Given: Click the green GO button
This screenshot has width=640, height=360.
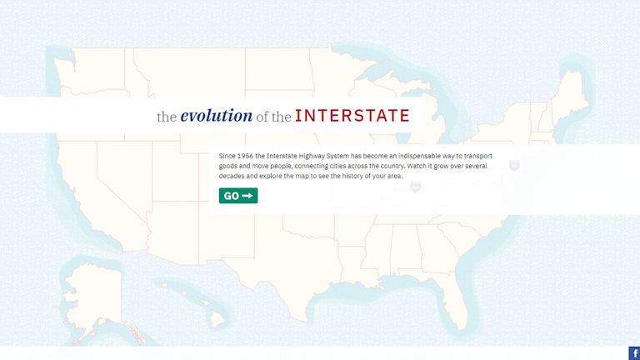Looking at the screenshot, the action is click(238, 196).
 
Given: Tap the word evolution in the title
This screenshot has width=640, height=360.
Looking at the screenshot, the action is click(217, 116).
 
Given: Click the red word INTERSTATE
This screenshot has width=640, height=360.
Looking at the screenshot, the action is click(352, 116).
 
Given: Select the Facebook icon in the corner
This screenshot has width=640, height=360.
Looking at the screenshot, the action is click(634, 353).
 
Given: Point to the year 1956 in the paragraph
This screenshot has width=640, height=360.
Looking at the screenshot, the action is click(244, 156).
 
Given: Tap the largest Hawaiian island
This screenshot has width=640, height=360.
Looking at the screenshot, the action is click(217, 318).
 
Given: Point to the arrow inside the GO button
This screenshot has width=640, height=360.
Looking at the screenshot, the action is click(247, 196).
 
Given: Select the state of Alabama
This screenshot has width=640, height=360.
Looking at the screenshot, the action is click(405, 249).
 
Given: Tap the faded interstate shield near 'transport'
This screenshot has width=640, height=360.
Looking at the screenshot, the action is click(514, 165).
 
